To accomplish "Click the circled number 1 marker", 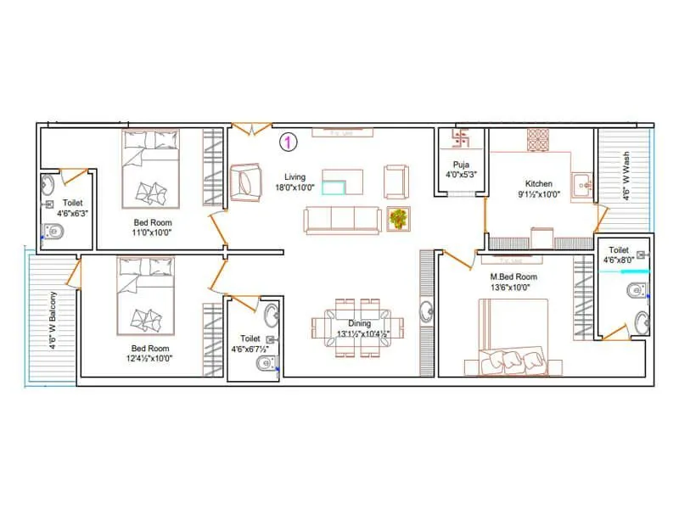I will click(x=289, y=143).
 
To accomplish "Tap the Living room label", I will click(x=295, y=176).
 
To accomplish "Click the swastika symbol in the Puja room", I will click(x=461, y=138).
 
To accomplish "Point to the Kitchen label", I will click(x=539, y=183).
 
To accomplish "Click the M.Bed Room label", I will click(x=513, y=277).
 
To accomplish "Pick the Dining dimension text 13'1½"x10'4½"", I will click(x=362, y=333).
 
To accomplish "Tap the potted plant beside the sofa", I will click(x=397, y=219).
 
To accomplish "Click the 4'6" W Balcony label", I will click(x=53, y=320).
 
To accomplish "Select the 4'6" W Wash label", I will click(x=626, y=176).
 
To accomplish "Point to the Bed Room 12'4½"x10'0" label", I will click(x=150, y=353).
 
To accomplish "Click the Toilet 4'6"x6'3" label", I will click(x=72, y=209).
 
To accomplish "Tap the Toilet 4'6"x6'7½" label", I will click(x=250, y=343).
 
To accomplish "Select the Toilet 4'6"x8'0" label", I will click(x=619, y=255).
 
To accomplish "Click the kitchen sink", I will click(x=582, y=182).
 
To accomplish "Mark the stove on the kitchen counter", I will click(x=540, y=139).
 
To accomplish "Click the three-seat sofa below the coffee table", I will click(x=341, y=220).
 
